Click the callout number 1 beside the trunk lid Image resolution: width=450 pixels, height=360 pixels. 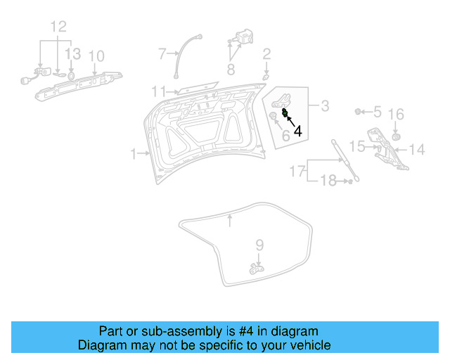coord(134,153)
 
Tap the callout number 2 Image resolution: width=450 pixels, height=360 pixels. coord(266,53)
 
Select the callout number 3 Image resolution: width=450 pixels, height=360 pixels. coord(325,107)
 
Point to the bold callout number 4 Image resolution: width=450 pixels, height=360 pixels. coord(298,130)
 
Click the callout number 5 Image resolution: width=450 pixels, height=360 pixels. coord(377,112)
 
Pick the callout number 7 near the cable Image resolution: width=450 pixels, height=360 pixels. coord(162,53)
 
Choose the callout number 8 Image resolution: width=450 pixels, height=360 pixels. coord(231,69)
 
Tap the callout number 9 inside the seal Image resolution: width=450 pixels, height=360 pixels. coord(259,245)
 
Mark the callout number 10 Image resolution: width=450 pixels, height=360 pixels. coord(96,56)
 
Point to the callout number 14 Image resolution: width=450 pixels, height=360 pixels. coord(417,149)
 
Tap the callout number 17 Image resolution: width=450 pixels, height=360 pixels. coord(297,171)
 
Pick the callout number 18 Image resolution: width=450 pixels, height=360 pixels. coord(329,182)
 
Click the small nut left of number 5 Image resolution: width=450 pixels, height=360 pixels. coord(359,112)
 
